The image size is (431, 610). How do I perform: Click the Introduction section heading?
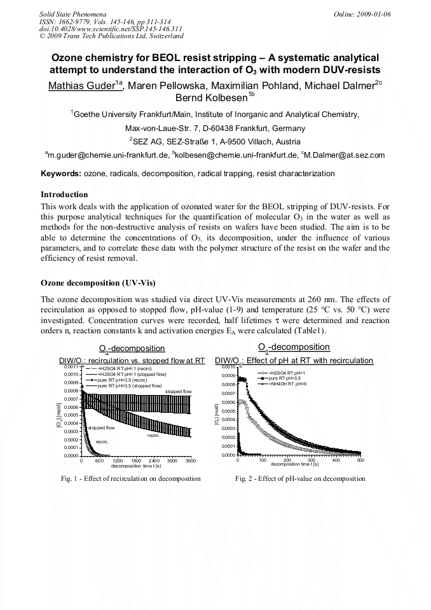tap(64, 194)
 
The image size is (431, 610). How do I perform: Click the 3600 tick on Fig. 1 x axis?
tap(190, 460)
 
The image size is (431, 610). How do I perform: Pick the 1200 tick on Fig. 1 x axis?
tap(118, 460)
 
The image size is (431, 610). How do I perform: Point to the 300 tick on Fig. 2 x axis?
tap(311, 460)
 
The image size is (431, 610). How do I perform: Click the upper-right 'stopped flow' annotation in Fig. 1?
tap(178, 391)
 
